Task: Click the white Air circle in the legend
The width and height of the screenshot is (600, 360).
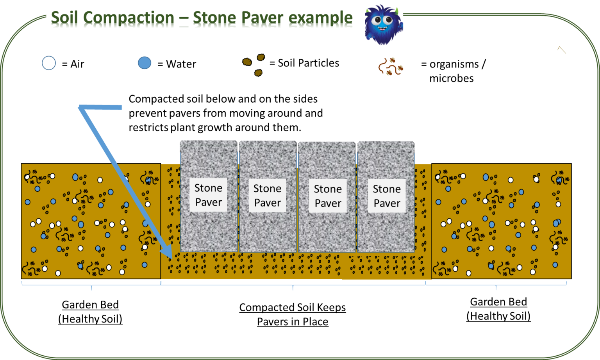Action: click(x=49, y=63)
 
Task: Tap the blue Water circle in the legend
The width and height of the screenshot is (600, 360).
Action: click(x=145, y=63)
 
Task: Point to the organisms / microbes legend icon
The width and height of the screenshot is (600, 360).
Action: click(x=390, y=67)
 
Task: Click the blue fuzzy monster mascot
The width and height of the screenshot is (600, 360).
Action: click(x=383, y=24)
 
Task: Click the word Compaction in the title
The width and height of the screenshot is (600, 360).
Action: click(x=129, y=18)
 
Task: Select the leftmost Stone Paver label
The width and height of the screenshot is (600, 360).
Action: click(x=208, y=195)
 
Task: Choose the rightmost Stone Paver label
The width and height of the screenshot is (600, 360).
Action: click(x=387, y=196)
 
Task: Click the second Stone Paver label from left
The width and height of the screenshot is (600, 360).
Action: click(x=267, y=196)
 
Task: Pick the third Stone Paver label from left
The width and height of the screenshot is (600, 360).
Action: click(x=328, y=196)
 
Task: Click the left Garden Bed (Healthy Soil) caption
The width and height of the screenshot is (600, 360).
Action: click(x=90, y=312)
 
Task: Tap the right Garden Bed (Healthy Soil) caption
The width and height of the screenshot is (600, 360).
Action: click(x=498, y=309)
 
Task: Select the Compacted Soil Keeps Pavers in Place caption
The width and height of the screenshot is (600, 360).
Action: click(x=293, y=314)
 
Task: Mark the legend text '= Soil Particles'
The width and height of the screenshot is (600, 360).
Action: click(x=304, y=63)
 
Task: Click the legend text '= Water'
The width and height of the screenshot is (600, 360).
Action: click(x=177, y=64)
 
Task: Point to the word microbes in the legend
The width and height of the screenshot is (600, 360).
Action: click(x=451, y=78)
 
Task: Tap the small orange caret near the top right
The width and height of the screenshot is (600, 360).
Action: click(x=561, y=50)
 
